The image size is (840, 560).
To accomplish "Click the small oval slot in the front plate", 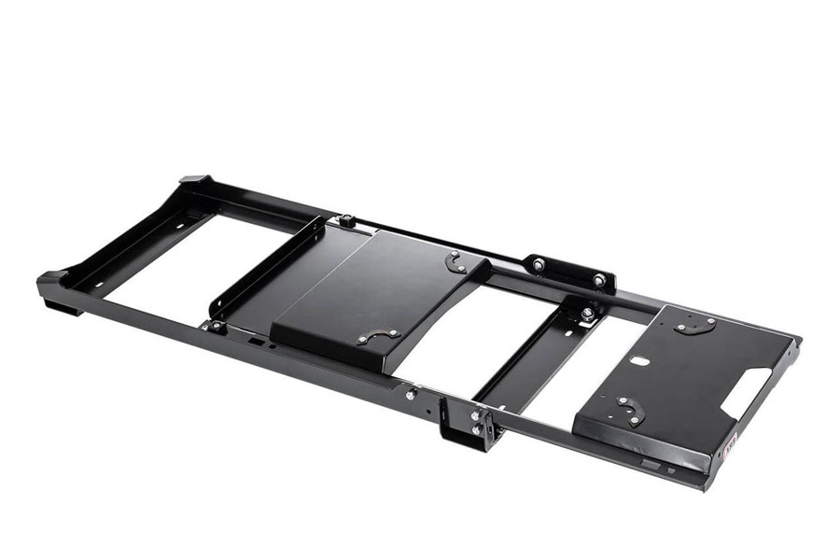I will [639, 360].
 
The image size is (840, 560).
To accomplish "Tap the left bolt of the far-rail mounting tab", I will [539, 265].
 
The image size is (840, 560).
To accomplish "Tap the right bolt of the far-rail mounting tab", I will [598, 279].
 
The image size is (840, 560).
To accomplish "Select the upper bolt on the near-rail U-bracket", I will [477, 415].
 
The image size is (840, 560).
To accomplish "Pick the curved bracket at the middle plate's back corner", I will [455, 262].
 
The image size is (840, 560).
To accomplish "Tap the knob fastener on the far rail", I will [346, 221].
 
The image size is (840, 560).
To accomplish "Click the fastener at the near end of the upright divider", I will [217, 326].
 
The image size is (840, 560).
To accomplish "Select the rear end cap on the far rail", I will [195, 179].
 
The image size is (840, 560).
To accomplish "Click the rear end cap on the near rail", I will [53, 278].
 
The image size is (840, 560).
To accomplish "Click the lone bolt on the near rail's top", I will [410, 395].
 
